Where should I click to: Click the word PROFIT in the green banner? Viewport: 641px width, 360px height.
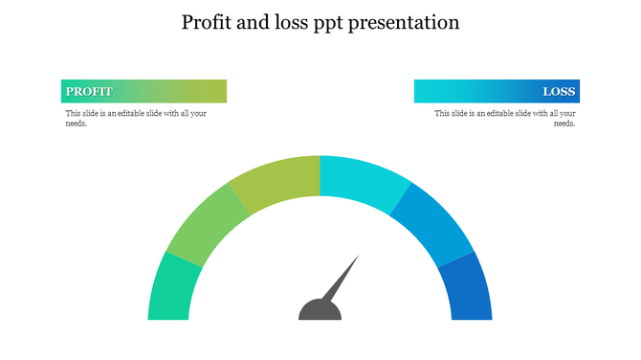pos(89,92)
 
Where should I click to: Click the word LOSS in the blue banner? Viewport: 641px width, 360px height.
pos(559,92)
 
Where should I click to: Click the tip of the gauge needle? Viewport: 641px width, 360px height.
pos(358,257)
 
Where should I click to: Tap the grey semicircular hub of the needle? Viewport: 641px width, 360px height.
pos(320,311)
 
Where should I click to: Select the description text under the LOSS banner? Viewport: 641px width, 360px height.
pos(504,118)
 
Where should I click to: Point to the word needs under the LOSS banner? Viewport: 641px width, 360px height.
pos(564,124)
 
